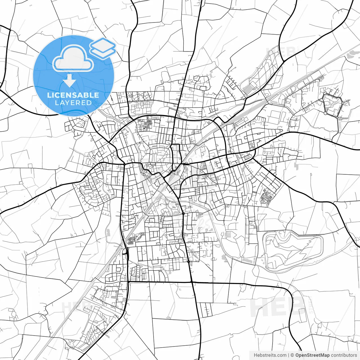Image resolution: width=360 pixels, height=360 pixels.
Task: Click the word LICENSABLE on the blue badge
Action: (x=73, y=95)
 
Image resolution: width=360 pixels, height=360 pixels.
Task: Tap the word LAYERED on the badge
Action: (x=73, y=103)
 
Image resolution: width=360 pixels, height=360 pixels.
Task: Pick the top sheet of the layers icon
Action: (x=103, y=44)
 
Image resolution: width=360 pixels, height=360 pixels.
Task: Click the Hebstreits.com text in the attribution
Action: (x=270, y=355)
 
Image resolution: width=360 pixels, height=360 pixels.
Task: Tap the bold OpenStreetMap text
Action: (x=312, y=355)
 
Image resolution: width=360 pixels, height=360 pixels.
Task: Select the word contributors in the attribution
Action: (x=344, y=355)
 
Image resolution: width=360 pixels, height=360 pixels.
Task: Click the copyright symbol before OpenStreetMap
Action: (x=292, y=355)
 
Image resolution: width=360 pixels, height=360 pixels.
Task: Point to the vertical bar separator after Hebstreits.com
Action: (x=289, y=355)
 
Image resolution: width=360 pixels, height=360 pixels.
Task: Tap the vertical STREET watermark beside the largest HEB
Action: (x=310, y=305)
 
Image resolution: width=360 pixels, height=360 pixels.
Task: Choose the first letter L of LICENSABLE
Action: (x=49, y=95)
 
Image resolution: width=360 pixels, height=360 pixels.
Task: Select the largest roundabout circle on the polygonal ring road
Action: (x=325, y=113)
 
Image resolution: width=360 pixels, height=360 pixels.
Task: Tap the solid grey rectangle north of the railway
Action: (x=248, y=90)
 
